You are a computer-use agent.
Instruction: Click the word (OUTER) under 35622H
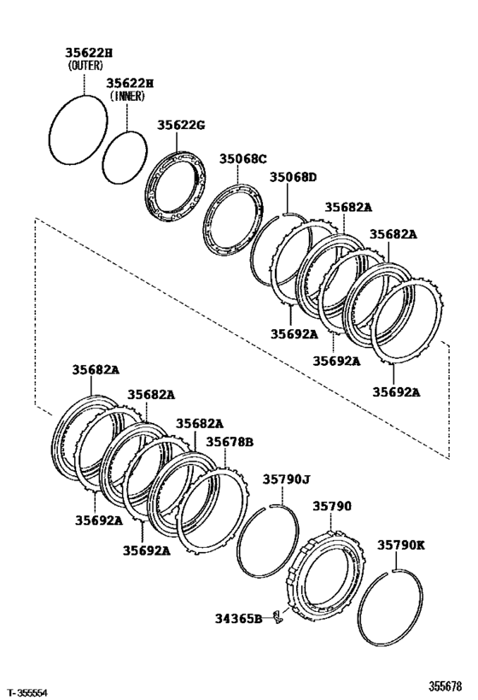(x=85, y=64)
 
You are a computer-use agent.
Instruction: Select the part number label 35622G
(x=181, y=125)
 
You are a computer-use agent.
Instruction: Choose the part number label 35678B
(x=230, y=442)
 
